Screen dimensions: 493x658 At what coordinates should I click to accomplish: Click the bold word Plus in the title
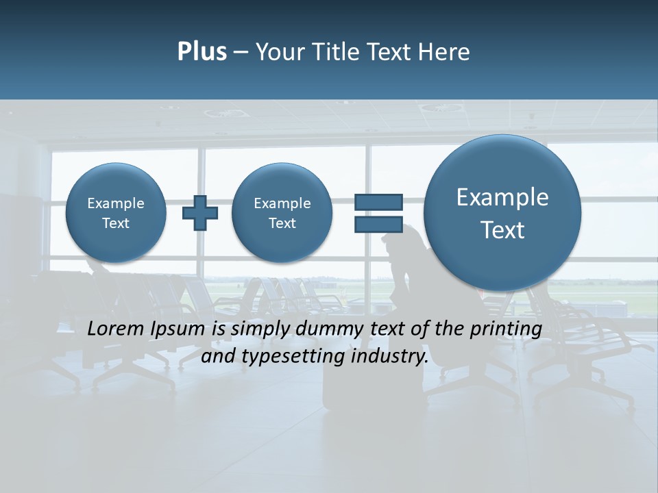202,52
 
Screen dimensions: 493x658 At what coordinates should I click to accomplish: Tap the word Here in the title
445,52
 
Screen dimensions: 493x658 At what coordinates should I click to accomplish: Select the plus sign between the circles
199,212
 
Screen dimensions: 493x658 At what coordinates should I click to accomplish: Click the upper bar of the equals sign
378,202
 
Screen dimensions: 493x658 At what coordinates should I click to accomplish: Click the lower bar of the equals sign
378,225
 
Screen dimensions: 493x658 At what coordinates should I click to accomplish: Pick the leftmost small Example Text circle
116,212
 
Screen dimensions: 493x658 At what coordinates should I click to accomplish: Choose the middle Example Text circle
282,212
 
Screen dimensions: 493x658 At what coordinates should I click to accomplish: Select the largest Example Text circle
502,212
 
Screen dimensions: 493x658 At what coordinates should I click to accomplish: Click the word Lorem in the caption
116,329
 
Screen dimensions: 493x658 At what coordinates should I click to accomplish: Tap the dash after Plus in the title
241,52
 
